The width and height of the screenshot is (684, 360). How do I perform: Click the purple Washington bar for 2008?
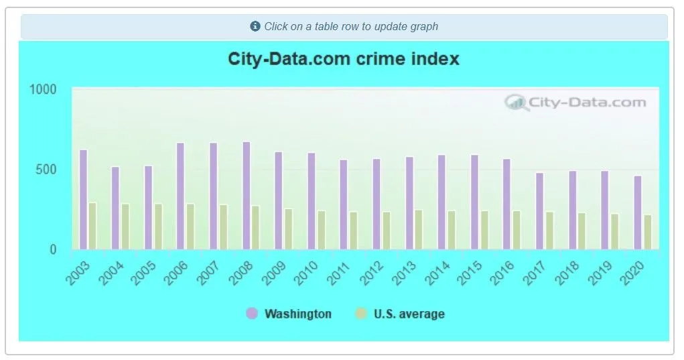click(247, 195)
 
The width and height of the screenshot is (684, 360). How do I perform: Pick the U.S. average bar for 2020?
click(648, 232)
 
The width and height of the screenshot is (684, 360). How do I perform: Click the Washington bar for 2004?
click(115, 208)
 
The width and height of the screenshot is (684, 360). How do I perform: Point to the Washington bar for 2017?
click(539, 211)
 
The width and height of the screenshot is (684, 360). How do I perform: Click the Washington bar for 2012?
click(377, 204)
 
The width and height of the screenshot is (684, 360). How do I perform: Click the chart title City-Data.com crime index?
click(344, 59)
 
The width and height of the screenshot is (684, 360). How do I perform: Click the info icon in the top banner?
click(255, 27)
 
